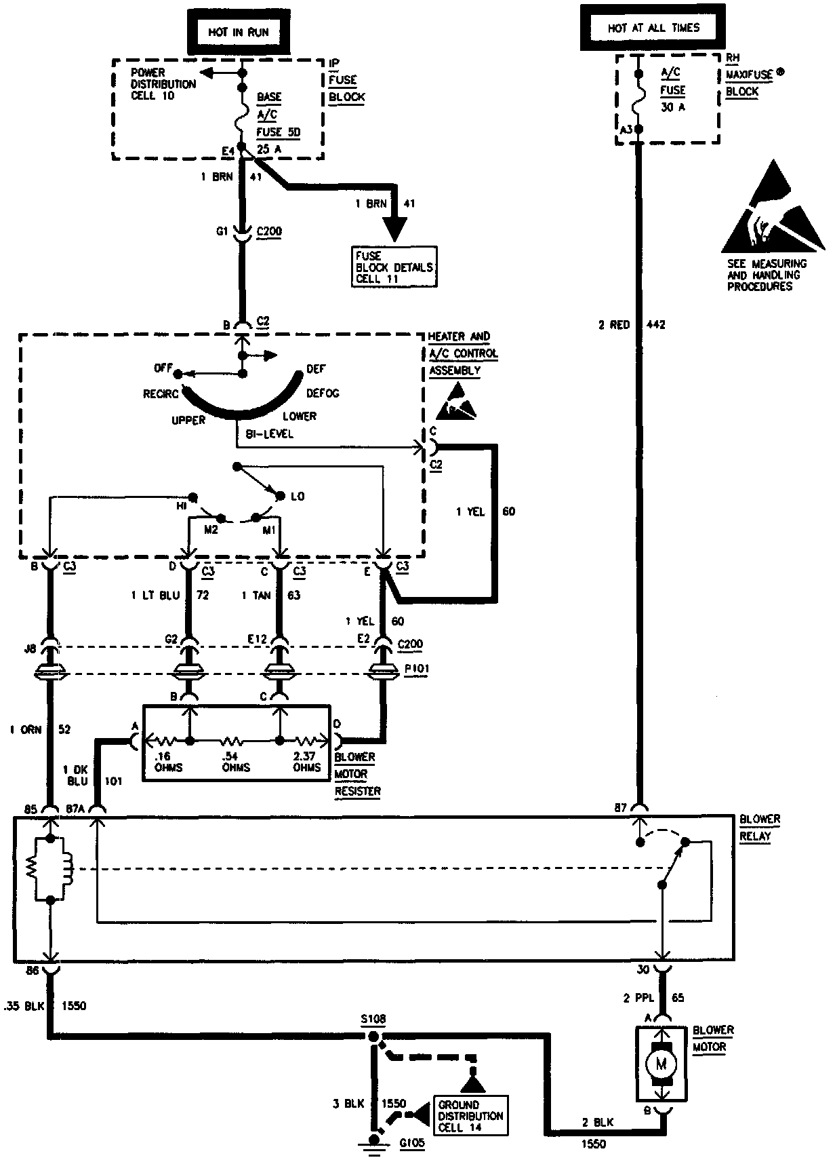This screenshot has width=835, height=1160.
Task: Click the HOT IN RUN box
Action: (238, 31)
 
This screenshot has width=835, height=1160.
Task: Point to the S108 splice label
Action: (373, 1020)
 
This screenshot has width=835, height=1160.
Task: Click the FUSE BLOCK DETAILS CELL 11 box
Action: (394, 267)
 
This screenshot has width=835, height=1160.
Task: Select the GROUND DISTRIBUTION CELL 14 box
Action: (470, 1116)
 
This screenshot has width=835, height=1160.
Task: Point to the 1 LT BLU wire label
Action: (155, 596)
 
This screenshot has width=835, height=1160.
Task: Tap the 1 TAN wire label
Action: (256, 596)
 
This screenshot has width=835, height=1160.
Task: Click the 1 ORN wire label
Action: (25, 730)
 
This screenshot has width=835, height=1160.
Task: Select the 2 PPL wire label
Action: (638, 998)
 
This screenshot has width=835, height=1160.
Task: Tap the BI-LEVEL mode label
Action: (270, 434)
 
